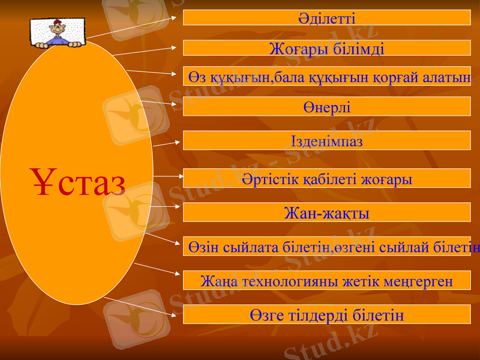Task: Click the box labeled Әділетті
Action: pyautogui.click(x=326, y=17)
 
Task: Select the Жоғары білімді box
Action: pyautogui.click(x=326, y=48)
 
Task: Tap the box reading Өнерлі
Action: pyautogui.click(x=326, y=107)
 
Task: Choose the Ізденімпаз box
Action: pyautogui.click(x=326, y=140)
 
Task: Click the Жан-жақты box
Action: pyautogui.click(x=326, y=213)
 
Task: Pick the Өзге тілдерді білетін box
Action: pyautogui.click(x=326, y=314)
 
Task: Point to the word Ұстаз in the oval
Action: pyautogui.click(x=78, y=184)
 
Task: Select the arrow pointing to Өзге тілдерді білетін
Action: pyautogui.click(x=141, y=306)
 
